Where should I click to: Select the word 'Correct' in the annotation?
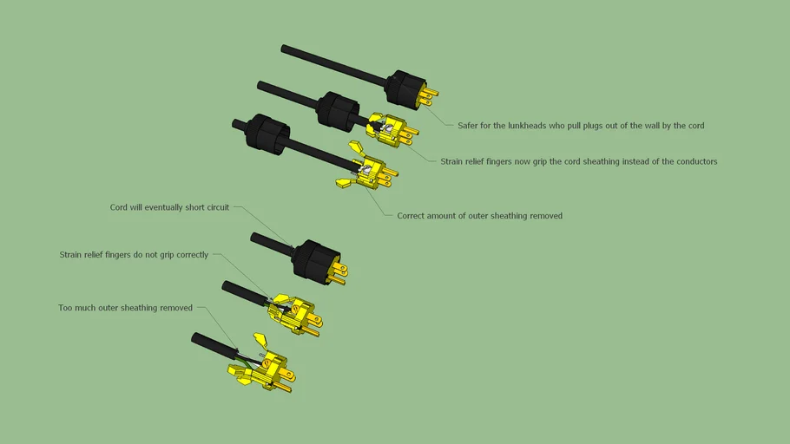tap(411, 216)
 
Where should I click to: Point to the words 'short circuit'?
tap(207, 207)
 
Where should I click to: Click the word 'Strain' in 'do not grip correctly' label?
tap(70, 255)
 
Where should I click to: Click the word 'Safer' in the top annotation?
tap(467, 126)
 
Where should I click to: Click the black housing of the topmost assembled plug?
tap(405, 88)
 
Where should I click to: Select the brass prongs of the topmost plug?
tap(429, 95)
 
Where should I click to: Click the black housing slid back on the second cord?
tap(338, 109)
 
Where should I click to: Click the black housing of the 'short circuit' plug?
tap(317, 260)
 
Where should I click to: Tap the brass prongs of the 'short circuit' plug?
tap(337, 273)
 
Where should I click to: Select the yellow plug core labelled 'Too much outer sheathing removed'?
tap(262, 365)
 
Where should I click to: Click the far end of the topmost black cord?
tap(284, 49)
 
